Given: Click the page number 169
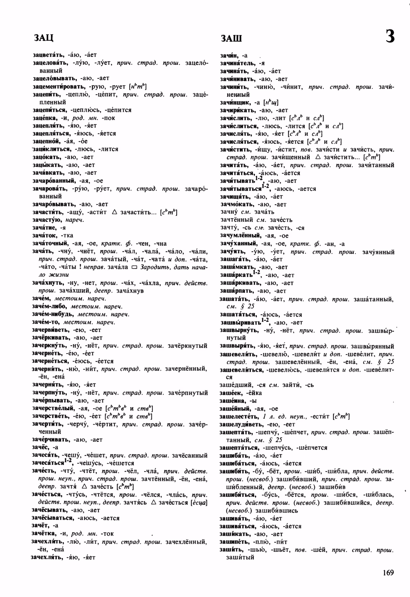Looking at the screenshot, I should pos(388,572).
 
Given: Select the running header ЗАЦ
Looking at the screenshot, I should pos(43,37).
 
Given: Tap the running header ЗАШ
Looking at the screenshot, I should pos(231,39).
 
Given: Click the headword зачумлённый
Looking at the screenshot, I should pos(240,235).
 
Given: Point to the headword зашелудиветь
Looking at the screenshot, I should pos(241,424).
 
